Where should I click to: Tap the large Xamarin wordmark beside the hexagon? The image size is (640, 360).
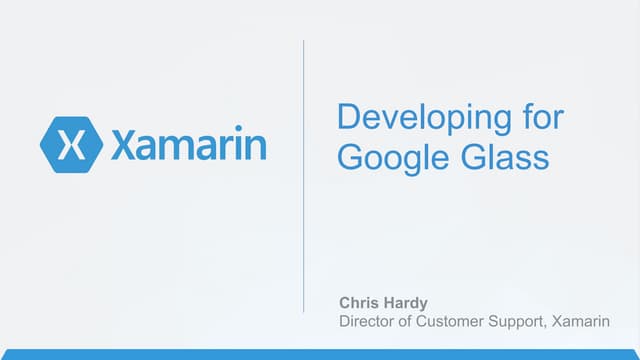[x=189, y=145]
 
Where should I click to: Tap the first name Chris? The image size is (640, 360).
[x=359, y=301]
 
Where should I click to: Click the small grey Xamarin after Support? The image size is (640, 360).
[x=601, y=321]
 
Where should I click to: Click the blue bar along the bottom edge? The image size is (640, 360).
[x=320, y=354]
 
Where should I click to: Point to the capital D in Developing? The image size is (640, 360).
[x=348, y=117]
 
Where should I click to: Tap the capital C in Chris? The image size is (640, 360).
[x=345, y=301]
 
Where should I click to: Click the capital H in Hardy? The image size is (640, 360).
[x=387, y=301]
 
